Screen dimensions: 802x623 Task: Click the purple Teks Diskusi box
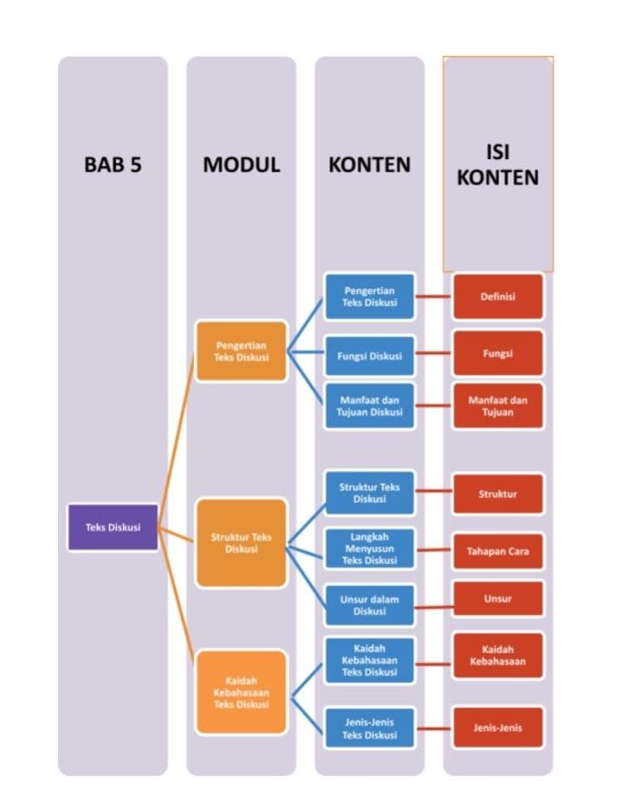click(112, 526)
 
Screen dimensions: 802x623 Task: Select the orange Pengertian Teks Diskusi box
click(241, 351)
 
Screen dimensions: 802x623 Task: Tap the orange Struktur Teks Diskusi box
click(241, 543)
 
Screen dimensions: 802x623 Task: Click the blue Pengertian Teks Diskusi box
click(369, 296)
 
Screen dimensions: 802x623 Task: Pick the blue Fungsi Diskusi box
click(369, 355)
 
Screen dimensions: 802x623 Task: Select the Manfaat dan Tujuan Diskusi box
click(369, 405)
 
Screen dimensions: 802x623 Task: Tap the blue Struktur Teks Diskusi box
click(369, 493)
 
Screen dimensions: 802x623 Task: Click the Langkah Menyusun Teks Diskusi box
click(369, 549)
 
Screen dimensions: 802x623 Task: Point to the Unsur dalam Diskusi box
click(369, 605)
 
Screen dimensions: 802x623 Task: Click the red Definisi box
click(498, 296)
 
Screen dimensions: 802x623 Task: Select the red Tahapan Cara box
click(498, 551)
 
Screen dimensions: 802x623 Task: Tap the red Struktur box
click(498, 493)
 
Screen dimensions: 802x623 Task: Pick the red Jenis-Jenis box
click(498, 728)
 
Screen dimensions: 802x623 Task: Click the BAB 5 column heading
click(112, 164)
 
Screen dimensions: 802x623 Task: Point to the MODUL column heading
click(241, 164)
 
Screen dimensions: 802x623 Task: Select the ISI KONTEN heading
click(498, 164)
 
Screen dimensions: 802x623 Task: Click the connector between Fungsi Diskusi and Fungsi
click(434, 354)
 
